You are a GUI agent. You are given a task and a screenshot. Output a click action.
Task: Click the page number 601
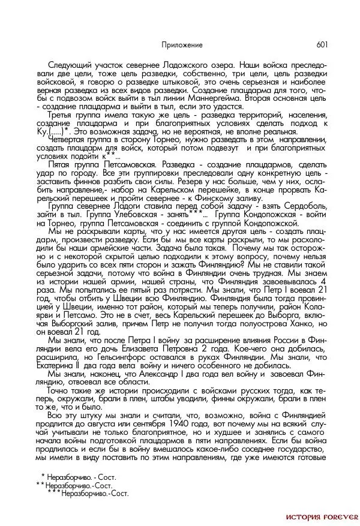(x=321, y=45)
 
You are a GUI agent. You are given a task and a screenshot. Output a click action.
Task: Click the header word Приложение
(x=182, y=45)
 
